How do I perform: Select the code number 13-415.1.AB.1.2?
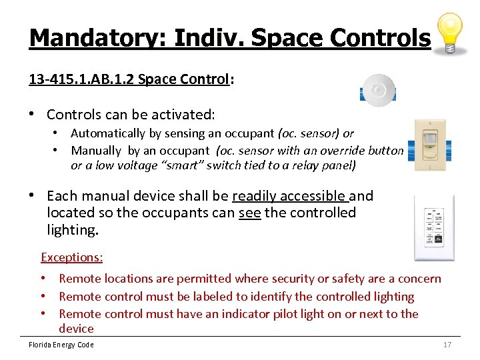coord(81,79)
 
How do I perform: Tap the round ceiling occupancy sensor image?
coord(378,89)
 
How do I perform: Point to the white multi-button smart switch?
coord(434,228)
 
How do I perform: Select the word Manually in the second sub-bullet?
coord(96,151)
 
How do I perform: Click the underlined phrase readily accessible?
coord(289,196)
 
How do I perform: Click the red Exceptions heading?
coord(72,257)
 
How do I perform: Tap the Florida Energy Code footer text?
coord(61,345)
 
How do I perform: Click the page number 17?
coord(447,345)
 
